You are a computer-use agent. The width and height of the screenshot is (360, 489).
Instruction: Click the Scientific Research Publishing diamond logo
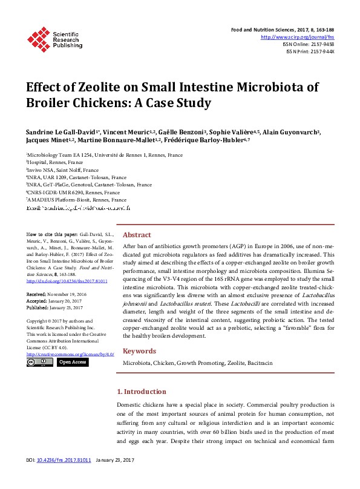coord(38,39)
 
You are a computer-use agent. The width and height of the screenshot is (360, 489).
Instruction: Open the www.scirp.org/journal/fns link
coord(297,37)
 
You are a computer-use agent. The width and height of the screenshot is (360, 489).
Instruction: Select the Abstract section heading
coord(137,235)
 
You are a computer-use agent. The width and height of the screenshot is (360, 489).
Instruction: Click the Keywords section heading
coord(140,351)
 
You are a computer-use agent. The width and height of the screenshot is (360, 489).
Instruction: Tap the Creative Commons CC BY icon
coord(39,362)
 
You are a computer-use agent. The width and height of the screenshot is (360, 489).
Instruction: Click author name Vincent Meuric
coord(127,132)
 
